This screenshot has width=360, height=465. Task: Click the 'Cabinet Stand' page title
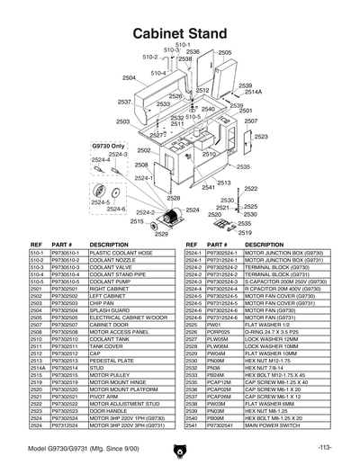(x=179, y=31)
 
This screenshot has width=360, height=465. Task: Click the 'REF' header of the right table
(x=191, y=244)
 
